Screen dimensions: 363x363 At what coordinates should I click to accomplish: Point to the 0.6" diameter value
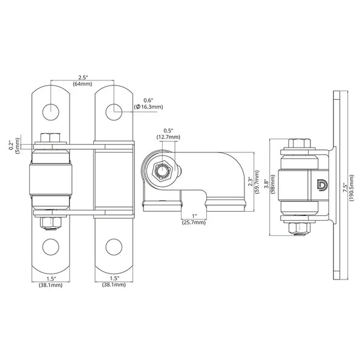(148, 100)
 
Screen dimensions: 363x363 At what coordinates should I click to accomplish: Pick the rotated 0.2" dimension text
(11, 145)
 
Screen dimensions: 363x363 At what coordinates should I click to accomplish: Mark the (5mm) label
(19, 145)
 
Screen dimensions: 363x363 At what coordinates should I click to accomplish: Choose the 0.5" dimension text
(168, 131)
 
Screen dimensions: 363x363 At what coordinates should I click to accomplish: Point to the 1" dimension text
(194, 217)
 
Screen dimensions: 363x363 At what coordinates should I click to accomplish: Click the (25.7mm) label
(194, 223)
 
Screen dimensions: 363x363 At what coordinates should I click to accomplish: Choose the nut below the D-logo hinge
(299, 228)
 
